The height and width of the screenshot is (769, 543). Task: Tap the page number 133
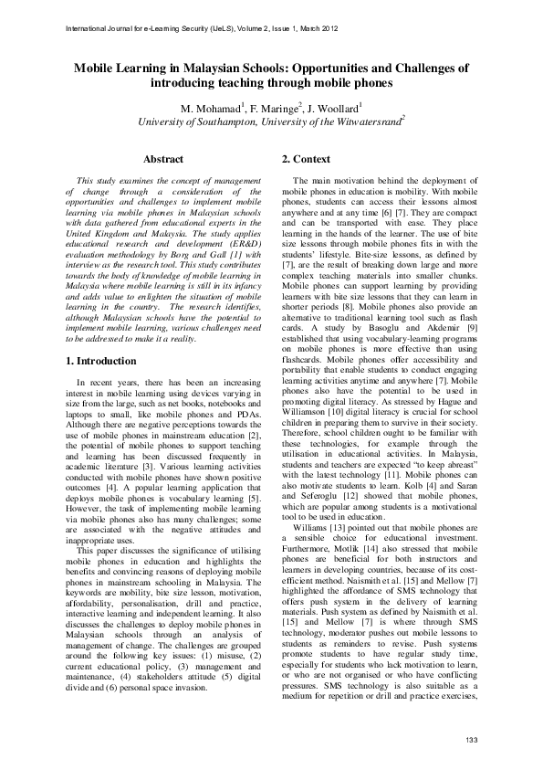point(471,739)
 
